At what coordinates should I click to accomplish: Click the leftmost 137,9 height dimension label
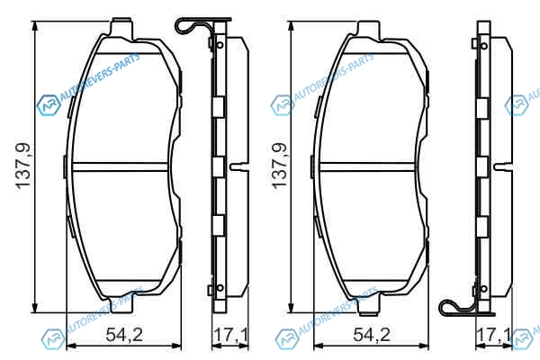(23, 166)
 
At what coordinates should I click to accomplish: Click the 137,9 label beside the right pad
(279, 166)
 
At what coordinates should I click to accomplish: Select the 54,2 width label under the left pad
(124, 335)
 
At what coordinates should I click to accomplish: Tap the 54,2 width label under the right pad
(372, 335)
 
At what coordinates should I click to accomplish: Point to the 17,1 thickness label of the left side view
(230, 335)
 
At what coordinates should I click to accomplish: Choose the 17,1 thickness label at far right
(493, 335)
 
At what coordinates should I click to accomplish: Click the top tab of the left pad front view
(121, 27)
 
